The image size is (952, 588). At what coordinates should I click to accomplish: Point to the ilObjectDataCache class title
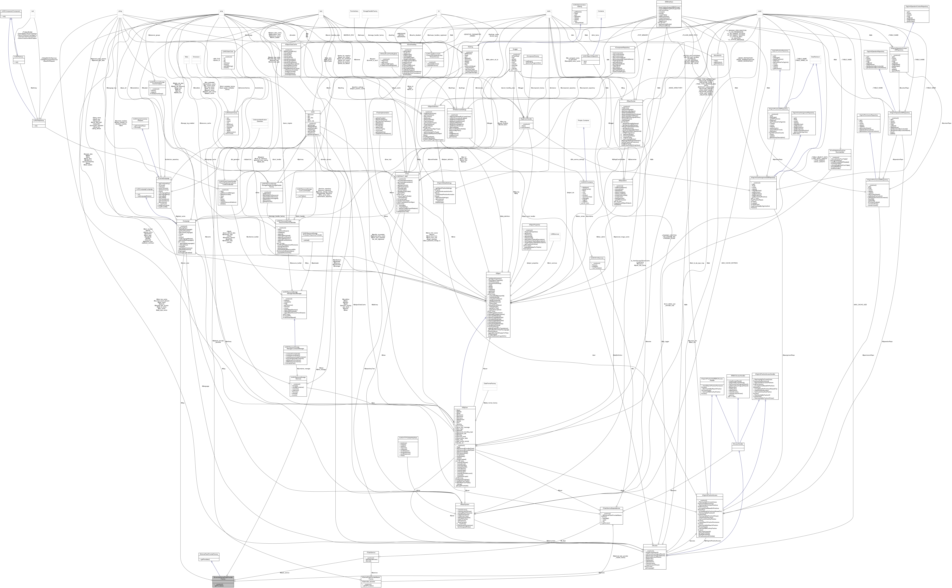(x=291, y=44)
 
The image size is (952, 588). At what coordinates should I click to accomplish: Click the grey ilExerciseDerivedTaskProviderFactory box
(x=223, y=581)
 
